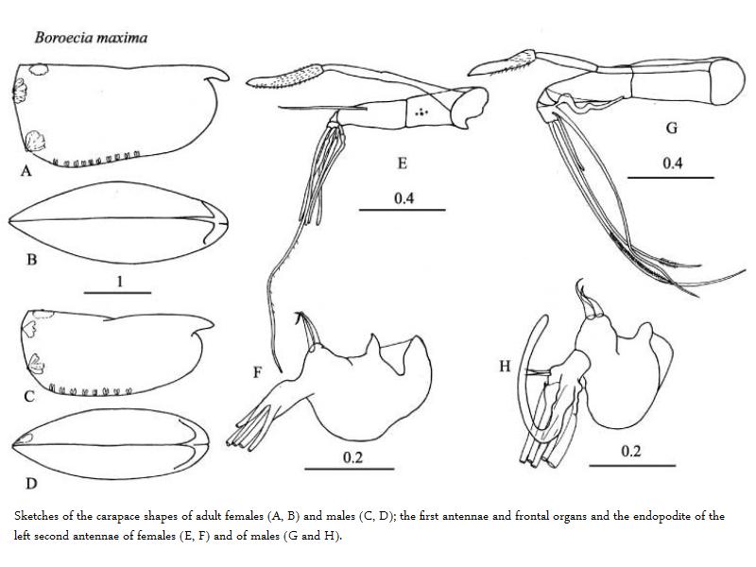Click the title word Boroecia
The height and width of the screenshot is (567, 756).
[62, 38]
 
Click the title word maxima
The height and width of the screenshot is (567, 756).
[121, 38]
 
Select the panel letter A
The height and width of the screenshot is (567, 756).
[26, 171]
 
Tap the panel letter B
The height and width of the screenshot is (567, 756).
[32, 260]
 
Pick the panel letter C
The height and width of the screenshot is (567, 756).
[29, 396]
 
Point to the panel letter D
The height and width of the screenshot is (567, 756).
[31, 483]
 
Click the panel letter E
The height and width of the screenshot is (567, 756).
[403, 163]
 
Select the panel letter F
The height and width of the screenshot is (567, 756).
[257, 372]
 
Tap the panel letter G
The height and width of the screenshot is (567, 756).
[672, 128]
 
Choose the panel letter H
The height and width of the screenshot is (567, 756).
[505, 367]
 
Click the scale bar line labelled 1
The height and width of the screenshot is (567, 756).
[117, 293]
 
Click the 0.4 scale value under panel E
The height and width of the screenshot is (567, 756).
[404, 198]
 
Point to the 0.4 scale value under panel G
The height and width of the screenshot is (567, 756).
[672, 163]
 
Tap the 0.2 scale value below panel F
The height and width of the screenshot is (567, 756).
[352, 457]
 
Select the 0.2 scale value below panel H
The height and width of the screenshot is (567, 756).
[631, 452]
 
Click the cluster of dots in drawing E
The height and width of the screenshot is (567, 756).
[422, 112]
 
